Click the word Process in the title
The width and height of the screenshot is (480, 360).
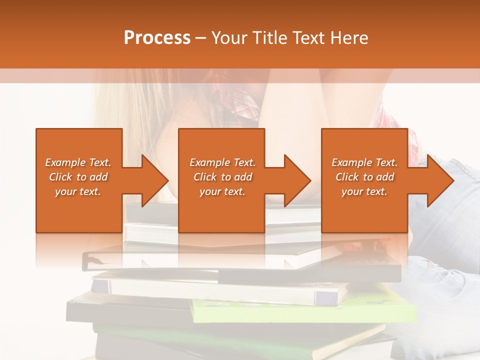(157, 38)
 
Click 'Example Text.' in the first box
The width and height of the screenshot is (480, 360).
(78, 162)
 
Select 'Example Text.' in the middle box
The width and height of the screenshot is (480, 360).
(222, 162)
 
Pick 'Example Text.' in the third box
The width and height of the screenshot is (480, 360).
(364, 162)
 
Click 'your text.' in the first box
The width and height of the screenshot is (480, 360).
(78, 191)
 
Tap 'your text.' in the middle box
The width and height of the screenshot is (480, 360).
(222, 191)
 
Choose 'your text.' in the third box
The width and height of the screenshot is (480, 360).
(364, 191)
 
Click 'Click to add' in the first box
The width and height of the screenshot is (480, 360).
(78, 177)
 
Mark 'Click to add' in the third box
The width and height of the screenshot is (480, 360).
(364, 177)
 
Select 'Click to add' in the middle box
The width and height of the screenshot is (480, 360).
(222, 177)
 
